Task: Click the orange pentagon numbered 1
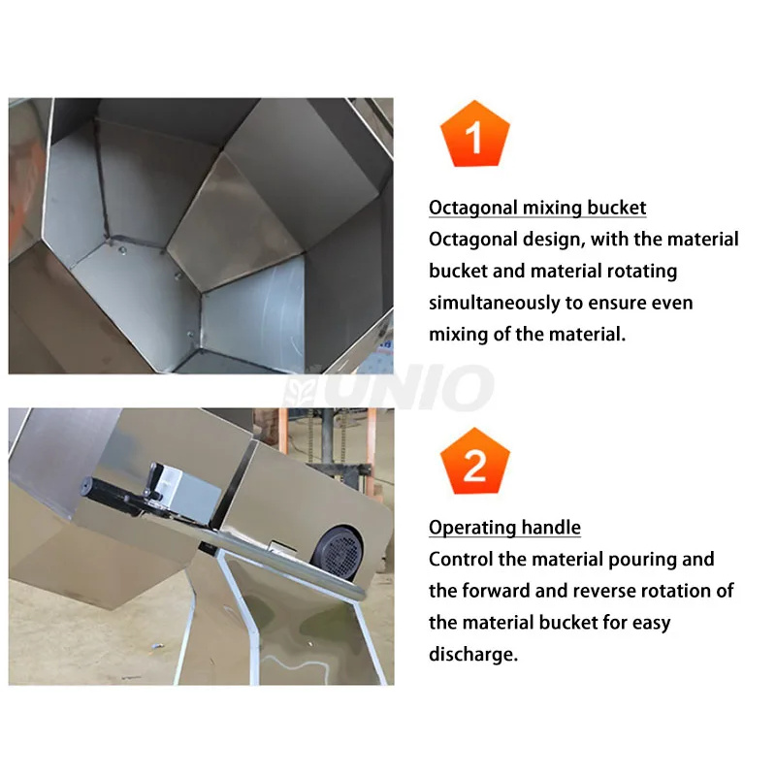[474, 135]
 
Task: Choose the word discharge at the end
[473, 654]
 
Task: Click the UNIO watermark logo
[389, 388]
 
